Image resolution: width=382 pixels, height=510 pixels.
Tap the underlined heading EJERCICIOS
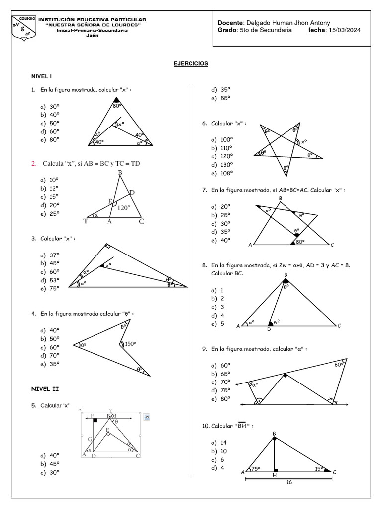click(191, 64)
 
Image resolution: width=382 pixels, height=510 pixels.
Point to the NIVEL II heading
click(45, 389)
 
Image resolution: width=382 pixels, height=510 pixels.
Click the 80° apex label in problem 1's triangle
click(117, 106)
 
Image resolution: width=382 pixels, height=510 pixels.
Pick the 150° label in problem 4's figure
click(130, 343)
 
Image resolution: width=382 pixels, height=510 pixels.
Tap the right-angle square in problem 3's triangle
click(107, 246)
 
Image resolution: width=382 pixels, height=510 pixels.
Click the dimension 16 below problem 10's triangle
click(289, 483)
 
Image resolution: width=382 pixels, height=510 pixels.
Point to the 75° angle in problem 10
click(256, 469)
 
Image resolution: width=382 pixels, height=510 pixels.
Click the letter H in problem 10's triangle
click(274, 475)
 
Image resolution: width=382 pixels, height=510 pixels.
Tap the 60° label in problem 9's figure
click(339, 365)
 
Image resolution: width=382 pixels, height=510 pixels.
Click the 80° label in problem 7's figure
click(300, 242)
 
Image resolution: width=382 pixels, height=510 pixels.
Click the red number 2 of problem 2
click(34, 164)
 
